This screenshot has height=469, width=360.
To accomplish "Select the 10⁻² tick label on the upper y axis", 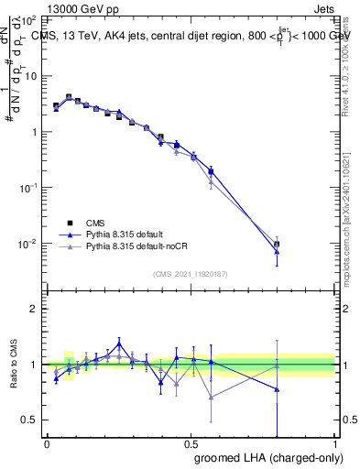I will tap(28, 244).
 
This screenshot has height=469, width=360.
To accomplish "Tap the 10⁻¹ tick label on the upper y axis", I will tap(28, 188).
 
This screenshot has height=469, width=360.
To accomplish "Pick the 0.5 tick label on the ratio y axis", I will tap(32, 420).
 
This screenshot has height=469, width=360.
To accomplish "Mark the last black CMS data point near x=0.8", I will tap(277, 244).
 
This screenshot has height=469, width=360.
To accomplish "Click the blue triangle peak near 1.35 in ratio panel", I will tap(119, 344).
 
